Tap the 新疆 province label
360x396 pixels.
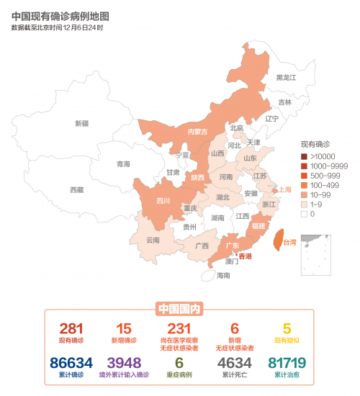coord(82,123)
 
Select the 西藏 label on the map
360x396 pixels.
coord(76,190)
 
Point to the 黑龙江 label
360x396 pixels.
coord(286,77)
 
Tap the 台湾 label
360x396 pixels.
coord(289,242)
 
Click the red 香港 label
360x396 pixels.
coord(246,256)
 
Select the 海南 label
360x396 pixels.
coord(224,275)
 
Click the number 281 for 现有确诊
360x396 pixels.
coord(71,328)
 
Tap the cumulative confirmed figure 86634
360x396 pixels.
coord(71,363)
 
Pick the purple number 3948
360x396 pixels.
coord(124,363)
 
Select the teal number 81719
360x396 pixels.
coord(287,363)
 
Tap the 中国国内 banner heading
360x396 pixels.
coord(179,310)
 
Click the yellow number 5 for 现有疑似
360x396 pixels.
coord(287,328)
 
